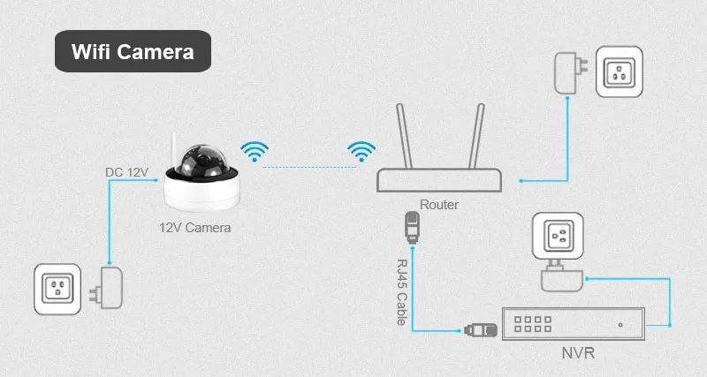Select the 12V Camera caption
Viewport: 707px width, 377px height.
194,227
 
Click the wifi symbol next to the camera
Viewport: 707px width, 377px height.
256,152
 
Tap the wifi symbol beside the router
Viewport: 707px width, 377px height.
360,152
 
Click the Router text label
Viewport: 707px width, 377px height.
439,204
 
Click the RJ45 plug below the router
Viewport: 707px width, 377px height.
410,227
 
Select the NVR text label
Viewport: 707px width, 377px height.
578,356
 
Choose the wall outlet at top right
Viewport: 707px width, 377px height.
619,72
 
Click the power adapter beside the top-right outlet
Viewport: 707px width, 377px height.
566,72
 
